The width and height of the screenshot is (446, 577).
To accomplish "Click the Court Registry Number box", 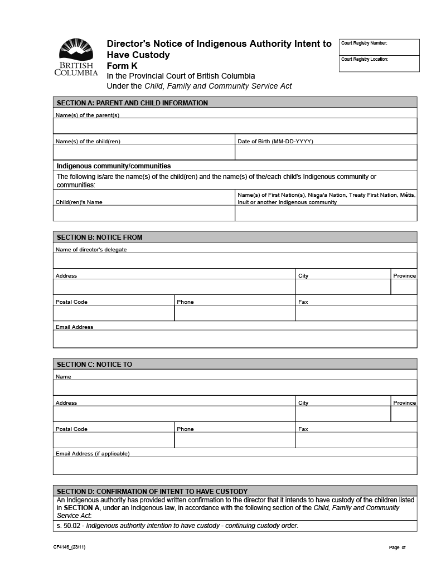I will [379, 47].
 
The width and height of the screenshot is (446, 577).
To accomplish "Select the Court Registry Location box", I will [379, 64].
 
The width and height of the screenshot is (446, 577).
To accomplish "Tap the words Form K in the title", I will [122, 66].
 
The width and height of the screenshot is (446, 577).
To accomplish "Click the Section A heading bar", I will [235, 103].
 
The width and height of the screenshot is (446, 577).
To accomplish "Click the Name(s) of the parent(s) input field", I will [235, 126].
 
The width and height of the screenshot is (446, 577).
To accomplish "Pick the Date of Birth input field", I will [326, 152].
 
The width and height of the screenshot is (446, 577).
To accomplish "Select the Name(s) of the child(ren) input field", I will [144, 152].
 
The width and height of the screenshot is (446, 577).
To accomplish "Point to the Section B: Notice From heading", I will [235, 237].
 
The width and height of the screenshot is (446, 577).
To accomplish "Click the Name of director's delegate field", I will [235, 261].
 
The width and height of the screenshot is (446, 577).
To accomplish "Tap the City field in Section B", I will [343, 287].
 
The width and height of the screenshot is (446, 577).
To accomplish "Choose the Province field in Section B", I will [404, 287].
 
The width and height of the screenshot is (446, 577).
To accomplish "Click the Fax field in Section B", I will [356, 313].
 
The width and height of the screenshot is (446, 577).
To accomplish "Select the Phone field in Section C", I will [235, 440].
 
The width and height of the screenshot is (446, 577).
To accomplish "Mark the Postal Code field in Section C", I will [114, 440].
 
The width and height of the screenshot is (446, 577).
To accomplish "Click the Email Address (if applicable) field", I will [235, 466].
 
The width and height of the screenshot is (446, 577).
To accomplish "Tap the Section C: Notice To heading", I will [235, 364].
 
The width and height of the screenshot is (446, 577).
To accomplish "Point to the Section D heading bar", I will [235, 491].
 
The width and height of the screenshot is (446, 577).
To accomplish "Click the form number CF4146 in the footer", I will [70, 547].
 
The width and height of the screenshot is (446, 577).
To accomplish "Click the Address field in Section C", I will [174, 414].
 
